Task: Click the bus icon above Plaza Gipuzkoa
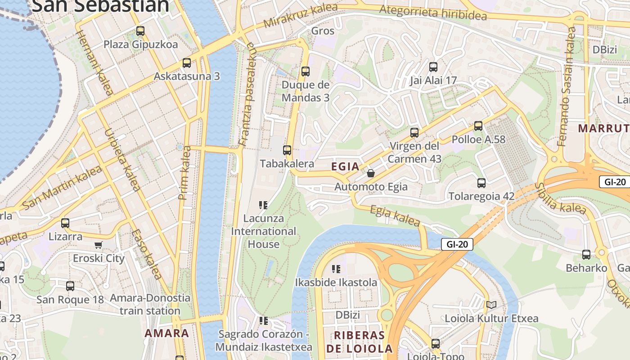[140, 31]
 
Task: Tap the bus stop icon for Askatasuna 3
[187, 63]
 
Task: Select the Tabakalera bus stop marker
[287, 150]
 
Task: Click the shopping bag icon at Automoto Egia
[371, 173]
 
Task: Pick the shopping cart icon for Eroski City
[99, 245]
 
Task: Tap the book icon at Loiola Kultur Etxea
[491, 305]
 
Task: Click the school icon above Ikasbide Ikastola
[336, 269]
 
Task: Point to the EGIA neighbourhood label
[345, 166]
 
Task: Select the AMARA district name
[166, 333]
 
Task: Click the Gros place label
[323, 31]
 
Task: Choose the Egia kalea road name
[395, 216]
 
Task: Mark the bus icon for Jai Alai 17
[433, 67]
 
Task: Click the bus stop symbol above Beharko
[586, 255]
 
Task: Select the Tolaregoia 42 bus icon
[481, 183]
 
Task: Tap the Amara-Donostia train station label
[150, 304]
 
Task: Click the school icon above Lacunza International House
[264, 205]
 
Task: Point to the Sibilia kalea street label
[560, 198]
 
